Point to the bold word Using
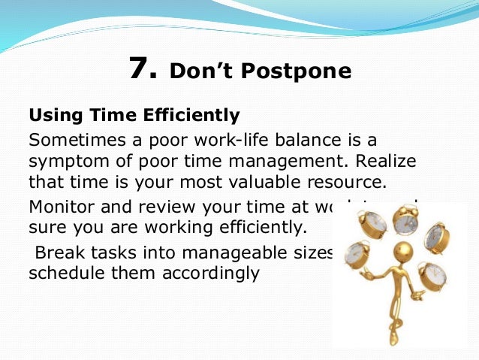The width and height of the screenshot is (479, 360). [x=53, y=116]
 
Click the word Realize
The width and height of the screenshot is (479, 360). [x=386, y=162]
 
